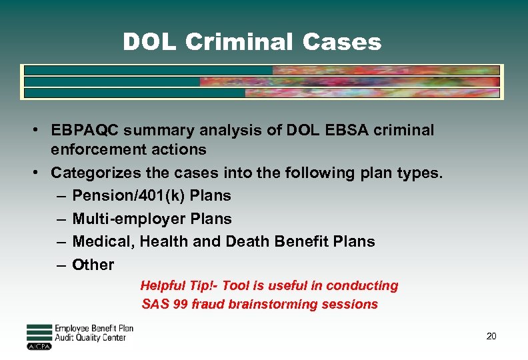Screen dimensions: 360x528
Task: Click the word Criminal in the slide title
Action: click(x=239, y=42)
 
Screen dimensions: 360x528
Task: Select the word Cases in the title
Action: click(x=341, y=42)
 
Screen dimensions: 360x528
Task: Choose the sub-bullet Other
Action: click(x=93, y=265)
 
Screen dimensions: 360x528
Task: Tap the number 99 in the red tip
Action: click(x=179, y=305)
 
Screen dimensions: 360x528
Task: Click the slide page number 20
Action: click(x=491, y=337)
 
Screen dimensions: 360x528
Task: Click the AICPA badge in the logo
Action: click(x=39, y=347)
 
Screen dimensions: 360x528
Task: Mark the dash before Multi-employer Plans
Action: click(x=61, y=219)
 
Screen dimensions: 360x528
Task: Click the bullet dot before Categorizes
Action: click(x=41, y=173)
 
